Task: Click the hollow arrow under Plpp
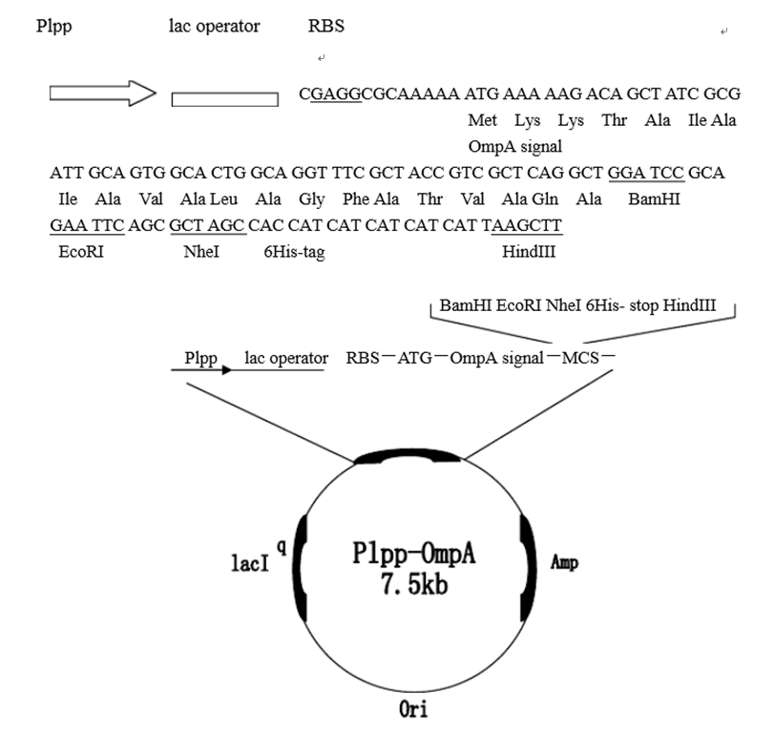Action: (101, 94)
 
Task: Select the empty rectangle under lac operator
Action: (224, 98)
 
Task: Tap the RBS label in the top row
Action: (326, 27)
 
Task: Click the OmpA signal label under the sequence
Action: (515, 147)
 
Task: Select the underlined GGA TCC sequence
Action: (646, 173)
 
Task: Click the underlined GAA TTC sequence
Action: (81, 225)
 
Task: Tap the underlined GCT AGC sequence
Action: (208, 225)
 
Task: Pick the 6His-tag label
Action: (294, 252)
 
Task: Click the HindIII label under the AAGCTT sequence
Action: (529, 252)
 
